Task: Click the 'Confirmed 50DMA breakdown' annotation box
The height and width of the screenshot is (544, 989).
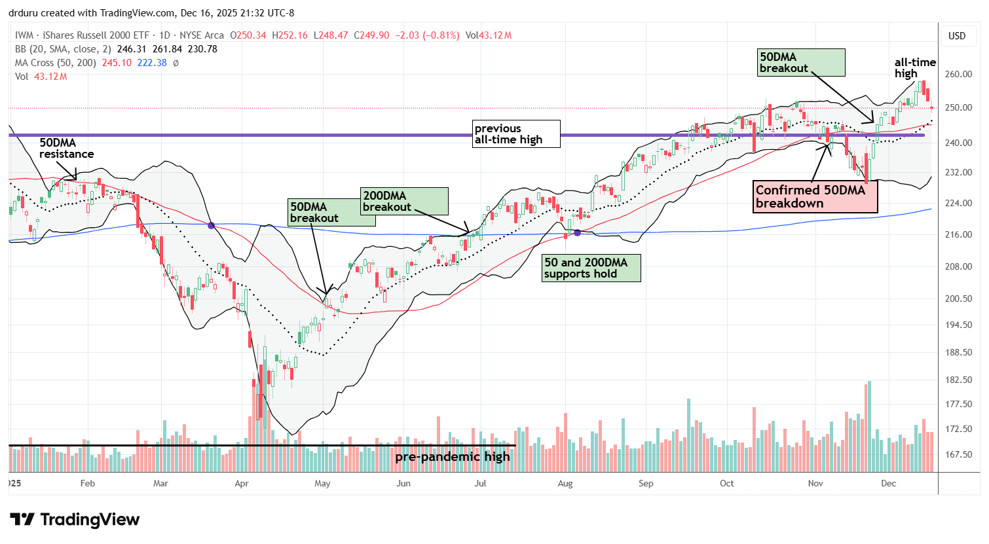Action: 815,196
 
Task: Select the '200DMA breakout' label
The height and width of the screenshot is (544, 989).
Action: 405,201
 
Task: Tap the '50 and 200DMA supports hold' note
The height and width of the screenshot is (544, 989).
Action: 591,268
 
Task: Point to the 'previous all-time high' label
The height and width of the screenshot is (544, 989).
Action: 516,134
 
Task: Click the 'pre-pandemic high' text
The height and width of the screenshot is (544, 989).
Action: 452,456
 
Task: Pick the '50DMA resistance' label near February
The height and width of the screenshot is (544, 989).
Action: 66,148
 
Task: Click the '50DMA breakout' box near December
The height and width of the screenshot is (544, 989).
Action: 800,62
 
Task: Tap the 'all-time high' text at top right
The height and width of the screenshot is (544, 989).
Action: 915,67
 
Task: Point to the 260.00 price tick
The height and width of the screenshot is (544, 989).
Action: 958,74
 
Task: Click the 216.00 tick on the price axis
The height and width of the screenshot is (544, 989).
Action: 958,234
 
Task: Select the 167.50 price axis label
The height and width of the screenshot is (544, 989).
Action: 958,454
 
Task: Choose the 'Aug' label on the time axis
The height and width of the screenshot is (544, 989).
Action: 565,483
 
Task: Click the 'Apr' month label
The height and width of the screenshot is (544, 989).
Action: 242,483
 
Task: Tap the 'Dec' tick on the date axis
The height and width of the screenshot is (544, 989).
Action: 888,483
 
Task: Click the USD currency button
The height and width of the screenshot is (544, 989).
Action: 957,36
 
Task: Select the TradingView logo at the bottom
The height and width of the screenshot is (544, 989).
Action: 75,520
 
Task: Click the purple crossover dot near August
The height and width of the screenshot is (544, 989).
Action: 577,232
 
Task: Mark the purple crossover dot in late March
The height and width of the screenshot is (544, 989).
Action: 211,225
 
